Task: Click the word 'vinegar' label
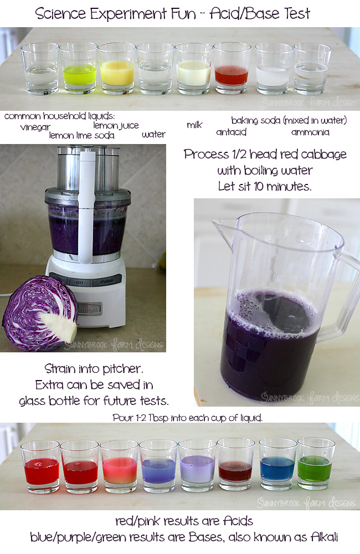pos(35,127)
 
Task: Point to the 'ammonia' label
pos(310,132)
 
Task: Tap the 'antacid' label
pos(231,132)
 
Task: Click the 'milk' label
pos(194,125)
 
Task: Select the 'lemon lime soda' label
pos(81,135)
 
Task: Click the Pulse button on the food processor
pos(107,281)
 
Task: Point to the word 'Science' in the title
pos(60,13)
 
